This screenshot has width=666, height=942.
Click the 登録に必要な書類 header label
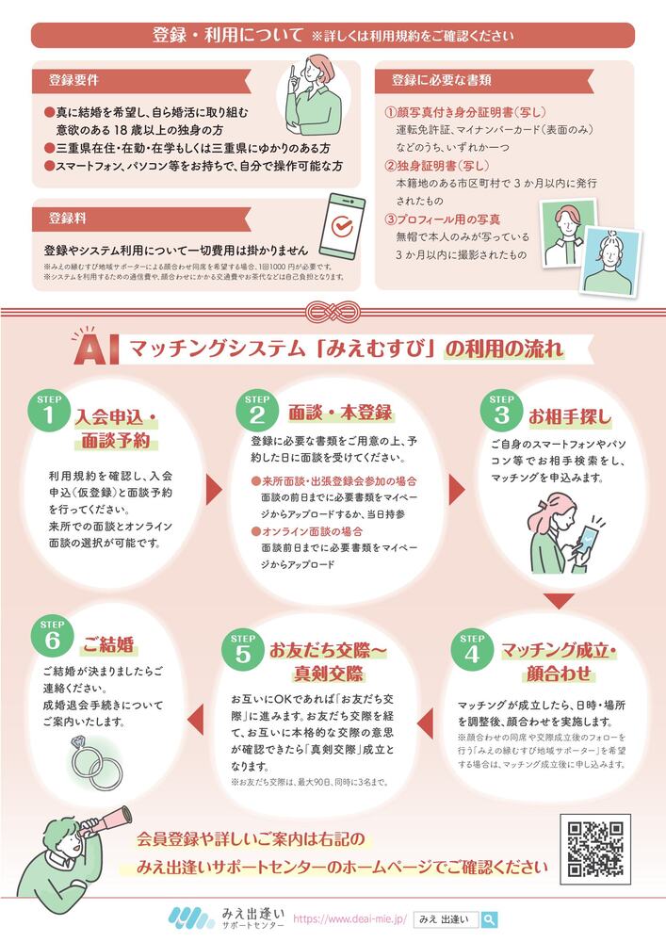click(441, 80)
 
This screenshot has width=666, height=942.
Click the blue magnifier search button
click(490, 918)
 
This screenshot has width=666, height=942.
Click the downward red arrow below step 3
click(559, 601)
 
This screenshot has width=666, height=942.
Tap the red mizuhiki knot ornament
click(333, 310)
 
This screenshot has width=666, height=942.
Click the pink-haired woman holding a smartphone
click(561, 537)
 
